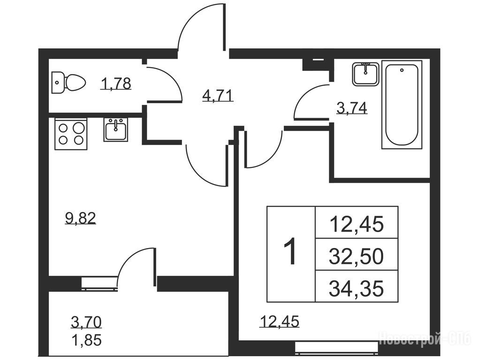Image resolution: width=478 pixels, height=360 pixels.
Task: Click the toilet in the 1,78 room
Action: pyautogui.click(x=68, y=82)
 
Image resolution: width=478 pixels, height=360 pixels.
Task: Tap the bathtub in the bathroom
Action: pyautogui.click(x=402, y=105)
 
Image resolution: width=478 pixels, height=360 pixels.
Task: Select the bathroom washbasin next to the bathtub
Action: pyautogui.click(x=365, y=74)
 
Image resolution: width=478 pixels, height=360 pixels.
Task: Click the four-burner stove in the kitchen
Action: pyautogui.click(x=71, y=134)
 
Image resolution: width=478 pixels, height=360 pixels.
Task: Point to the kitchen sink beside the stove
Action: pyautogui.click(x=116, y=129)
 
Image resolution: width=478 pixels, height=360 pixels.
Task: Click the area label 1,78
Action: pyautogui.click(x=116, y=83)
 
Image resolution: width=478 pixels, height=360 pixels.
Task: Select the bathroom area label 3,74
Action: pyautogui.click(x=352, y=108)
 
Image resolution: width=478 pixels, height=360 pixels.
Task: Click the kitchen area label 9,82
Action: pyautogui.click(x=81, y=218)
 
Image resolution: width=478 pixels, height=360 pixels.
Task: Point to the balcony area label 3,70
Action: pyautogui.click(x=86, y=322)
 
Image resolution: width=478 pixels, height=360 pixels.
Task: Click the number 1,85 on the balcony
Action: pyautogui.click(x=86, y=340)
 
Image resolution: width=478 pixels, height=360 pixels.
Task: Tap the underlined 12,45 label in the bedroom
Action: pyautogui.click(x=279, y=321)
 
